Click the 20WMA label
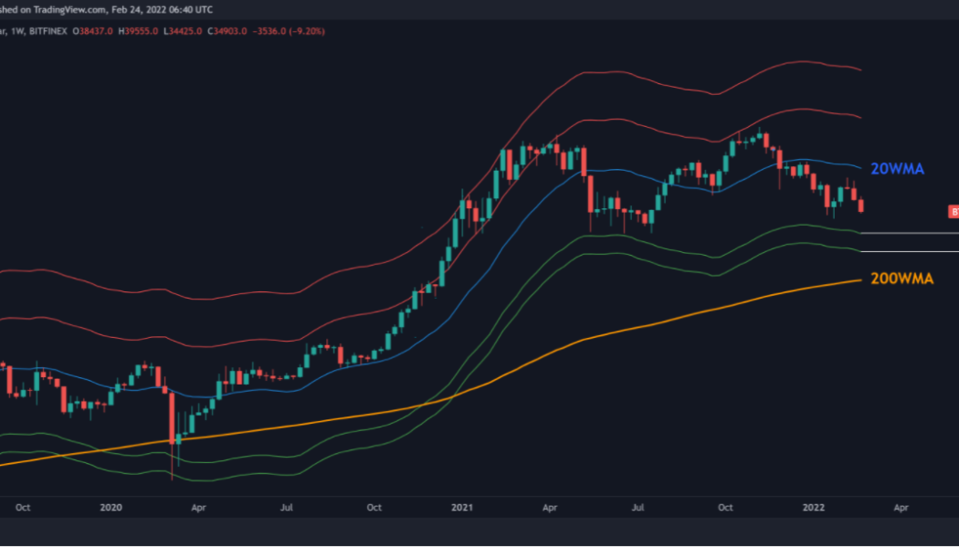pyautogui.click(x=898, y=169)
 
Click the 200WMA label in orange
pyautogui.click(x=901, y=279)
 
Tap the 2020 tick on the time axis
pyautogui.click(x=111, y=507)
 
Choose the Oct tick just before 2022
pyautogui.click(x=726, y=507)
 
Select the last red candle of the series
pyautogui.click(x=861, y=205)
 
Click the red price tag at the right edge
pyautogui.click(x=953, y=212)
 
